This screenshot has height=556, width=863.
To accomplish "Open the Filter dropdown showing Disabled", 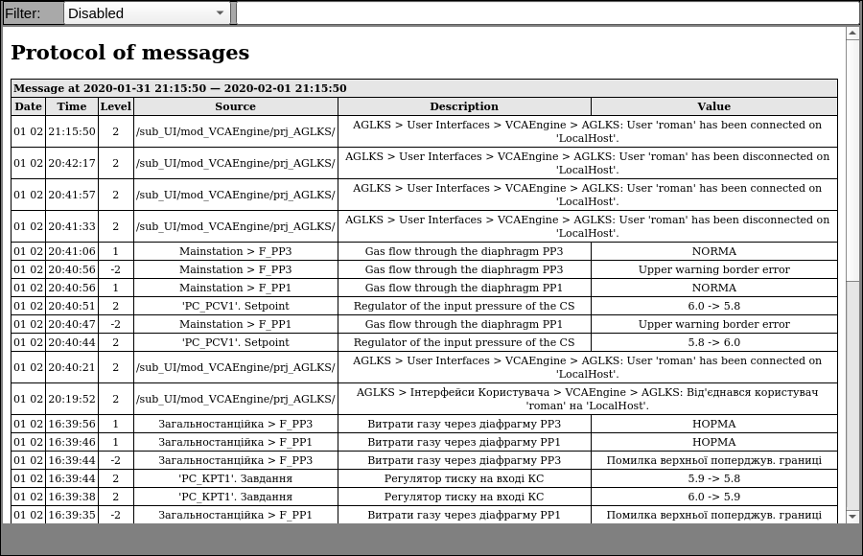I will click(147, 13).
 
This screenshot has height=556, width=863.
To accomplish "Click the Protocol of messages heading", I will click(129, 53).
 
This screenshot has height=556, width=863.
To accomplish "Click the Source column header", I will click(235, 106).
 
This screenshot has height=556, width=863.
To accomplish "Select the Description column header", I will click(464, 106).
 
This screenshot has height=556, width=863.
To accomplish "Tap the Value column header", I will click(713, 106).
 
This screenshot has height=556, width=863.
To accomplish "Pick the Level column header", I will click(116, 106).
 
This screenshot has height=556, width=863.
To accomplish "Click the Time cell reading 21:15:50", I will click(72, 131).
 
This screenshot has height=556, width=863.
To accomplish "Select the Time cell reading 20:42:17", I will click(72, 163).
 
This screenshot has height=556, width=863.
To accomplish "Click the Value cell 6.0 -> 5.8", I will click(713, 306).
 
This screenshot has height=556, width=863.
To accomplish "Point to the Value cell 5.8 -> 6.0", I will click(713, 342).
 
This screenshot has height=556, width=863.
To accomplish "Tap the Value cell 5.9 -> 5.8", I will click(713, 478).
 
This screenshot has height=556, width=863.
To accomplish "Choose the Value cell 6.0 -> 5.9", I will click(713, 497).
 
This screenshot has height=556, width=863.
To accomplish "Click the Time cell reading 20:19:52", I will click(72, 399).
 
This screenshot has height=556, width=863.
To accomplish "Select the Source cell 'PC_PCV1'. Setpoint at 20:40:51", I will click(235, 306).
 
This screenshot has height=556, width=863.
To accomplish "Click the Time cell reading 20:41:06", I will click(72, 251).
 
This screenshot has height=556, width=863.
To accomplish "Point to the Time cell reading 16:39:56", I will click(72, 424).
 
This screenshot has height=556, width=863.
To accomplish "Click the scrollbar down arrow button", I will click(852, 516).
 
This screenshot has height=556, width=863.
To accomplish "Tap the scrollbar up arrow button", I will click(852, 34).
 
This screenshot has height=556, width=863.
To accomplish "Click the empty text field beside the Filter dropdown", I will click(547, 13).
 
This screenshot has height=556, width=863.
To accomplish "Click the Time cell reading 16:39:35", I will click(72, 515).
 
